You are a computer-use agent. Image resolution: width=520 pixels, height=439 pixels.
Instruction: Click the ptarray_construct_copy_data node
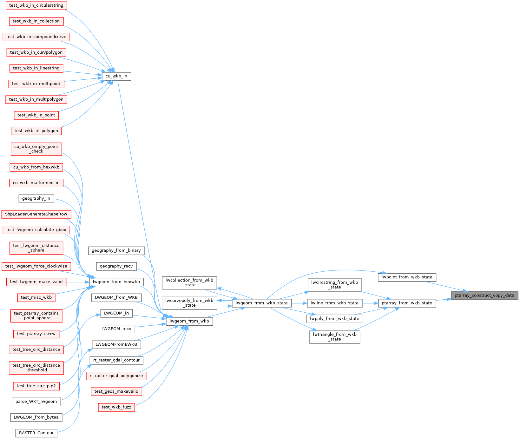coord(484,296)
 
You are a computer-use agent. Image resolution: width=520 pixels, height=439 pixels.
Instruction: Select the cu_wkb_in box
coord(116,76)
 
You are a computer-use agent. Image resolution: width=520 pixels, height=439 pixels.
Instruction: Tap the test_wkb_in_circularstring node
coord(36,5)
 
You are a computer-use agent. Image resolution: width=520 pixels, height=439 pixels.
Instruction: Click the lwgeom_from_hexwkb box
coord(116,282)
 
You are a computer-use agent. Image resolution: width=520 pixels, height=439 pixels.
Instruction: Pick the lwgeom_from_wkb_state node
coord(262,303)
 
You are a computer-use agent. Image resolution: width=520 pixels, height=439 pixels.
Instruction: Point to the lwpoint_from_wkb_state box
coord(407,277)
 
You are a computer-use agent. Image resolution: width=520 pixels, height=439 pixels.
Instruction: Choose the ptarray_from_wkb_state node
coord(407,303)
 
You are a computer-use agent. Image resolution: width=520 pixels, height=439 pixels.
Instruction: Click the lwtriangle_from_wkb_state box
coord(335,337)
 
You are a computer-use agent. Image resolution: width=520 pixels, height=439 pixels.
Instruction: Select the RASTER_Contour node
coord(36,433)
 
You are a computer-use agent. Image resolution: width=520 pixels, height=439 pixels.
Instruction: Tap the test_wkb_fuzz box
coord(116,407)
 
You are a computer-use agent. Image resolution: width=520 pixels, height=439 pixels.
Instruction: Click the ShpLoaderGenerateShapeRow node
coord(36,214)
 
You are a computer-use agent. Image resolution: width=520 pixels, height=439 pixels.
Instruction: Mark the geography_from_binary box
coord(116,250)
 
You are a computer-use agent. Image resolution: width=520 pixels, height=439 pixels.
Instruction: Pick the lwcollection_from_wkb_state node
coord(189,283)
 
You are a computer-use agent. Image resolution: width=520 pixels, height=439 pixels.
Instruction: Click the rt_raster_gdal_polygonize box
coord(116,376)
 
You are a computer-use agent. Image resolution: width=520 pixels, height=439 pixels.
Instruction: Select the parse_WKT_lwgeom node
coord(36,402)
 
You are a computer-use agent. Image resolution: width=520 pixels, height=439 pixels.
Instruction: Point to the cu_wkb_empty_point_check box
coord(36,149)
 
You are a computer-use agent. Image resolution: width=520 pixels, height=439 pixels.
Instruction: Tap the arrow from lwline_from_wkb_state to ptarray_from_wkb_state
coord(370,303)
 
